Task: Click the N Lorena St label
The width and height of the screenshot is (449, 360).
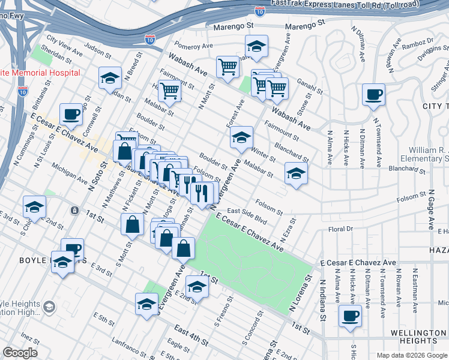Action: [300, 293]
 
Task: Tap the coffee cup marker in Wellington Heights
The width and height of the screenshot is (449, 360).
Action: [350, 316]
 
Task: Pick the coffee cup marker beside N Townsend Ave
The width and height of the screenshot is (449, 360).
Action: [373, 94]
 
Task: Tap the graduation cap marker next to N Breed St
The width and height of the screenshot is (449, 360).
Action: [110, 78]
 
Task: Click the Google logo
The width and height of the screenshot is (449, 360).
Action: [20, 353]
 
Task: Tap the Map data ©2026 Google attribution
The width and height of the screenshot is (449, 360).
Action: [411, 355]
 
